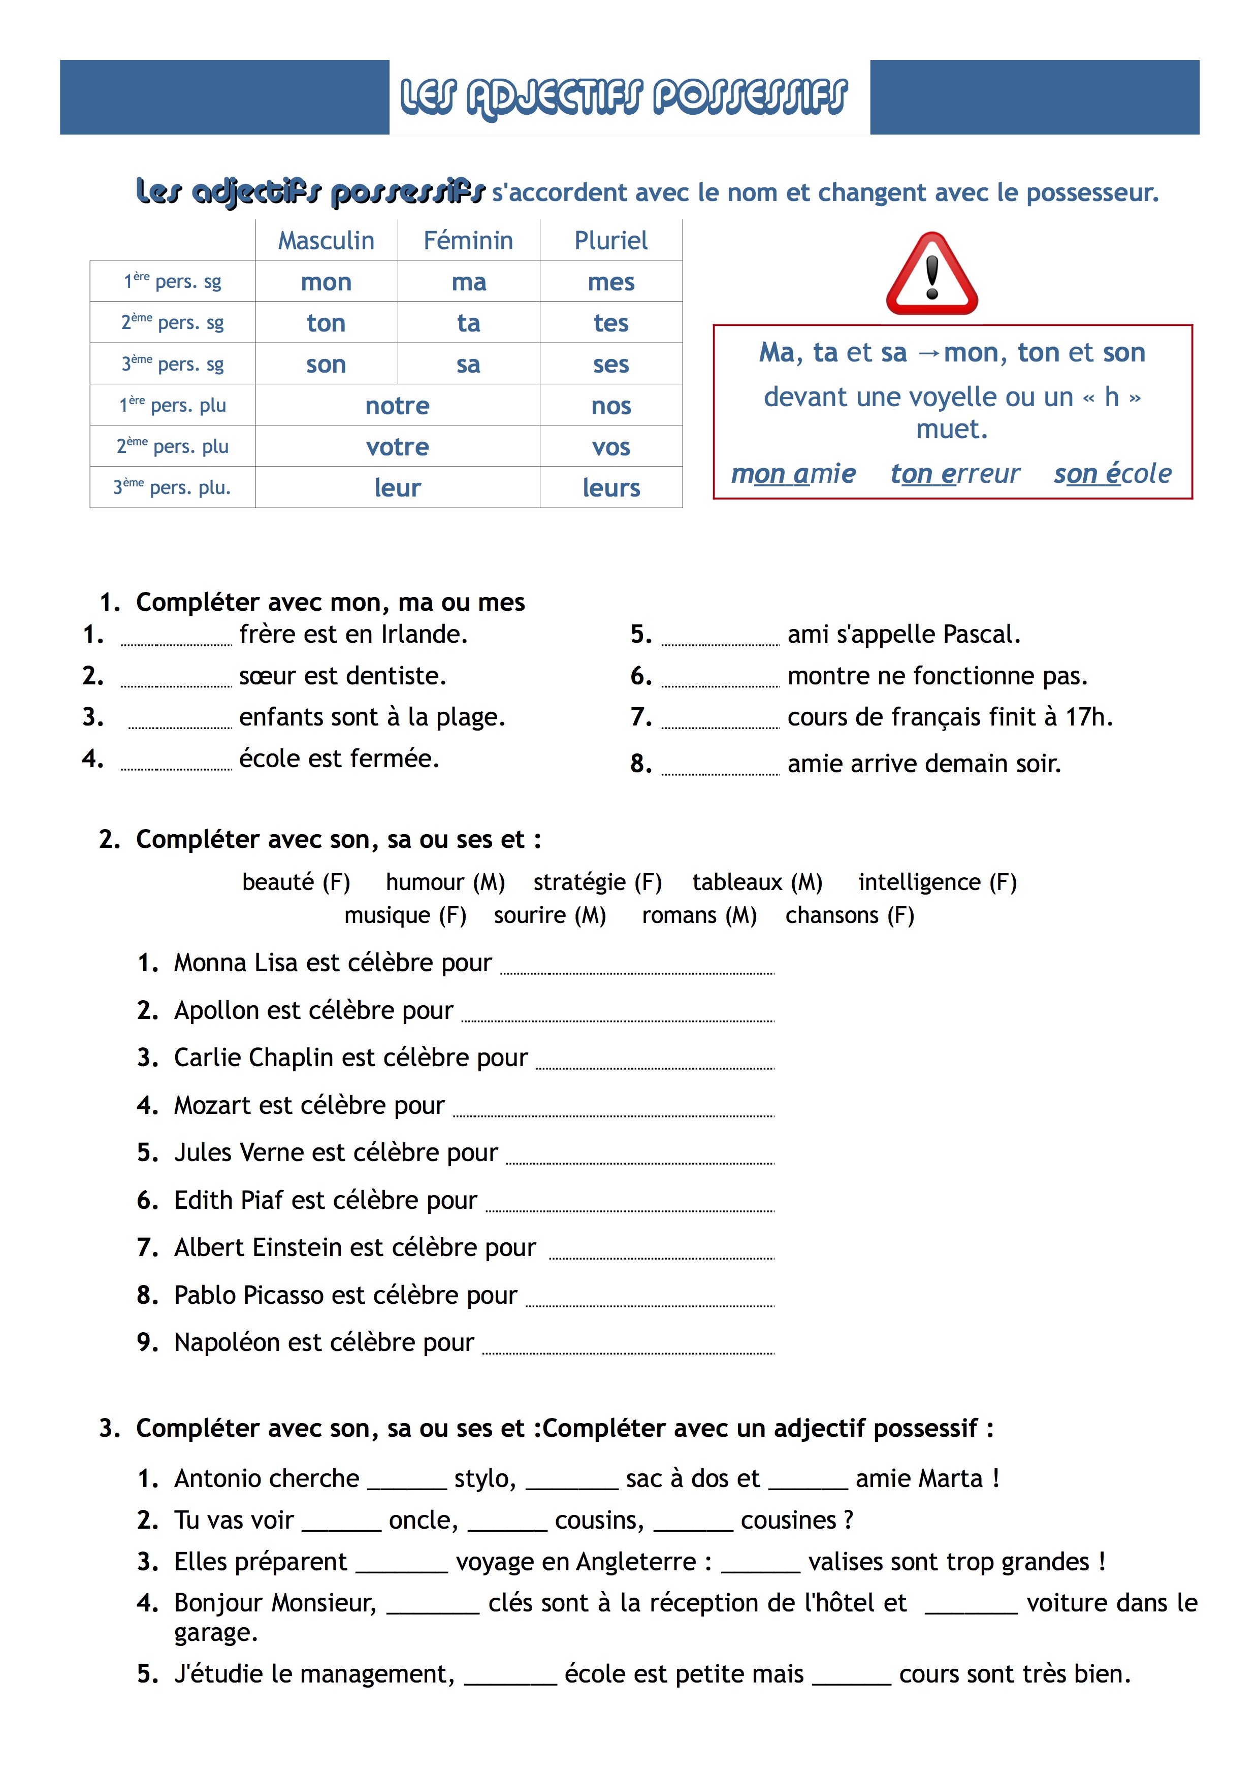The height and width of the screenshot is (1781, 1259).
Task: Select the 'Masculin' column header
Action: [326, 241]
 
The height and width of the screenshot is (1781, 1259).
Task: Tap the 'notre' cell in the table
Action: [397, 406]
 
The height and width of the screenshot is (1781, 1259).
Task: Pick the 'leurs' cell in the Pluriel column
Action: [611, 488]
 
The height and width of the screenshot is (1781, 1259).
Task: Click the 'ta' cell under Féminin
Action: [469, 323]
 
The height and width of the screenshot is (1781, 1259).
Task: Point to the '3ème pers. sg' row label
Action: [172, 364]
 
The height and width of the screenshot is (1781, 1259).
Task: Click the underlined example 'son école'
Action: [1112, 473]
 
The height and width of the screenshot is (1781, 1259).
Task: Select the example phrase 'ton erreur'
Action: [955, 473]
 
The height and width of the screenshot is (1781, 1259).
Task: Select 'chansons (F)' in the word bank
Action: [850, 915]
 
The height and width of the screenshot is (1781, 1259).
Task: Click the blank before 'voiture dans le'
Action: [971, 1606]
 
